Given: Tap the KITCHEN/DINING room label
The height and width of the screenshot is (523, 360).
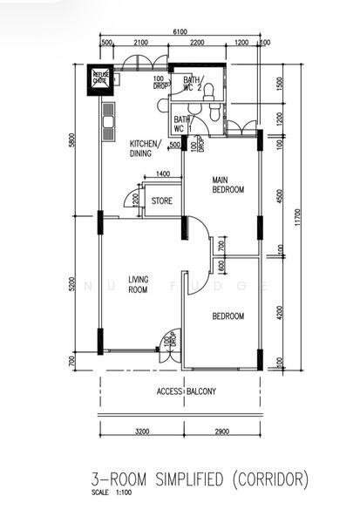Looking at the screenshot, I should click(x=141, y=148).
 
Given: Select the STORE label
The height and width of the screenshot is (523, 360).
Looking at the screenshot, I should click(x=162, y=200).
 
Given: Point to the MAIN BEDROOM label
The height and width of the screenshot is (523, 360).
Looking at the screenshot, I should click(x=228, y=186).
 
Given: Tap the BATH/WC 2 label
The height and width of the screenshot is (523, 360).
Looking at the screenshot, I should click(x=193, y=84).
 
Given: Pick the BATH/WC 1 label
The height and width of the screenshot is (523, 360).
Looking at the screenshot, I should click(x=182, y=123).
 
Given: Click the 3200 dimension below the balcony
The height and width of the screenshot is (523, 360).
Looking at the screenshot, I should click(x=142, y=431).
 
